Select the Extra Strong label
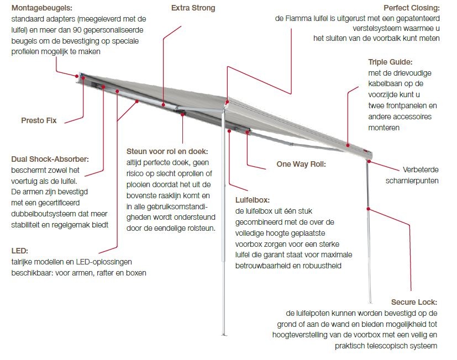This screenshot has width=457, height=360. point(193,8)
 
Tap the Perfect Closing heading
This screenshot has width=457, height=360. point(412,8)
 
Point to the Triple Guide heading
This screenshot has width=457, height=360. point(391,62)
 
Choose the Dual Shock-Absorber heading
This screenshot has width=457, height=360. point(50,160)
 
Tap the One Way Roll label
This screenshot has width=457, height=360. point(301,164)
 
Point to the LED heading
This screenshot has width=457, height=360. point(19,251)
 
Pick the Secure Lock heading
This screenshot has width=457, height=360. point(414,302)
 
